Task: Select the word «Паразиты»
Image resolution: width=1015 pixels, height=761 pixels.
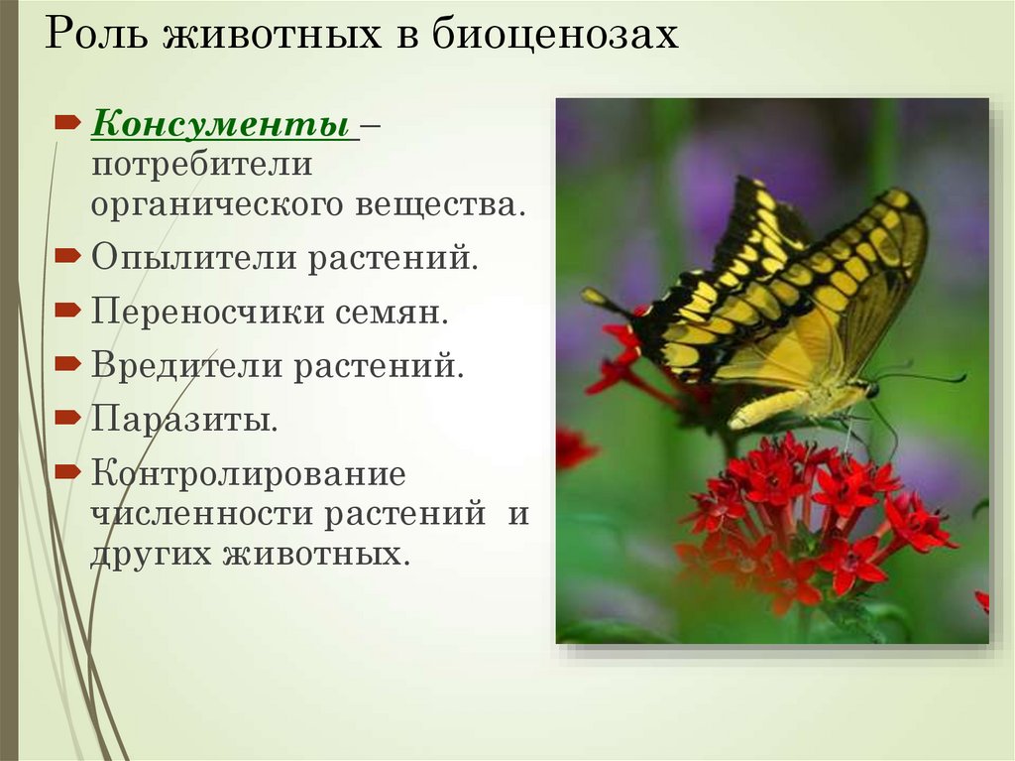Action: point(184,419)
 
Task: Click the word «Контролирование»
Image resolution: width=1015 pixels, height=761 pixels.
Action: point(249,473)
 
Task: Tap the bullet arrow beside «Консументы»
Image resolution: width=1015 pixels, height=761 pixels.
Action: point(66,123)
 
